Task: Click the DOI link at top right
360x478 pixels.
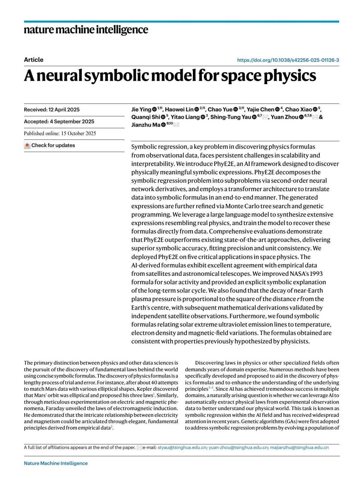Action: pos(288,60)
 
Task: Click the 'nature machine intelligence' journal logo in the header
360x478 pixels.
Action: pos(86,30)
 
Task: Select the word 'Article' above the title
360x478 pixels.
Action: pos(34,60)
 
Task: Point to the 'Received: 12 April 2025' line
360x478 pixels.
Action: pos(52,110)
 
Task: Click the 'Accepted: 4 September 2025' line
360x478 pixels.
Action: pos(59,122)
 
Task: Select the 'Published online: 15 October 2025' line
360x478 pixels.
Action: pos(60,134)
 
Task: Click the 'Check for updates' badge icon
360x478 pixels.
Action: pos(27,146)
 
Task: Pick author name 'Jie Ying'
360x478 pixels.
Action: pos(141,110)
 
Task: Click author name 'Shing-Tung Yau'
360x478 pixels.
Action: pos(230,117)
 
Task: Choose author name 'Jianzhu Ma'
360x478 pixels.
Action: pos(145,125)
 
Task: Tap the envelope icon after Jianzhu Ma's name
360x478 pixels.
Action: pos(176,125)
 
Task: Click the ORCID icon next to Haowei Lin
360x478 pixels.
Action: pos(196,110)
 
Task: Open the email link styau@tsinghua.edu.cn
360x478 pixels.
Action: pos(182,447)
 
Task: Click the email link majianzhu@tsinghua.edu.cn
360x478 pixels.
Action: pos(299,447)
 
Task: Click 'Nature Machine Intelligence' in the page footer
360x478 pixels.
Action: pos(56,463)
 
